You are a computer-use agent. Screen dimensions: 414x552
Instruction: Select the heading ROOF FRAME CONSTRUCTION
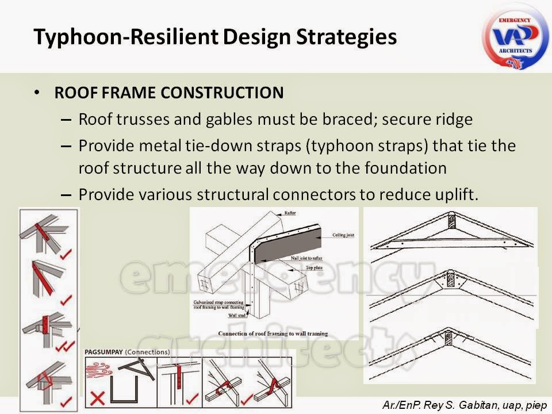coord(168,93)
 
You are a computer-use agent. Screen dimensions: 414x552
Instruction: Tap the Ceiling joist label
coord(343,236)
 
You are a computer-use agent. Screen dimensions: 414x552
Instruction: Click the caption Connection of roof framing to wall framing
coord(273,333)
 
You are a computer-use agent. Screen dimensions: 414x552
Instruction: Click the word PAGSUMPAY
coord(103,352)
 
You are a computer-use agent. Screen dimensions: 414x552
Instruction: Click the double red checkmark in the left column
coord(68,345)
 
